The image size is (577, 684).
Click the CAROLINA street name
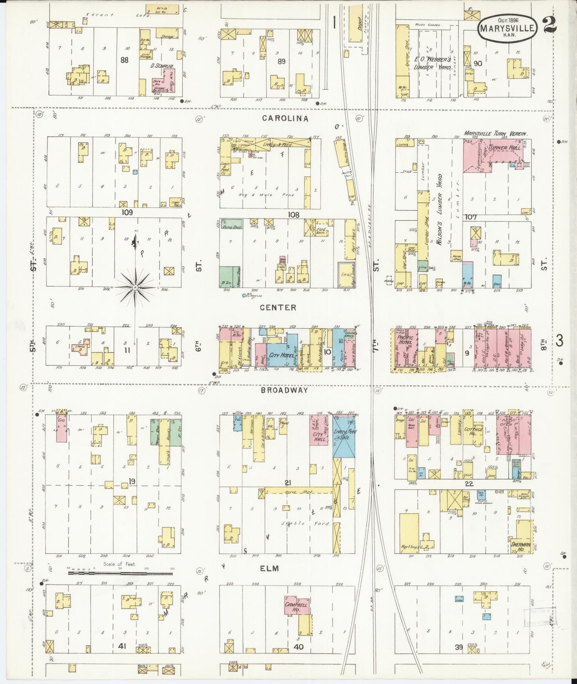pos(286,119)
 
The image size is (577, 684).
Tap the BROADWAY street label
pos(284,390)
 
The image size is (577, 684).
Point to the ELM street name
pos(270,568)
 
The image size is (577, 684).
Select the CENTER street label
pos(278,308)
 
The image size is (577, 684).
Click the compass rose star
pos(135,287)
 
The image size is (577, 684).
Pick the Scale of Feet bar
pos(120,573)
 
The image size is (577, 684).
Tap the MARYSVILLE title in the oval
pos(506,29)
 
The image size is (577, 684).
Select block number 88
pos(124,60)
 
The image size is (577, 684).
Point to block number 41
pos(122,646)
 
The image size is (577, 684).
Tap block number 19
pos(132,482)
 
